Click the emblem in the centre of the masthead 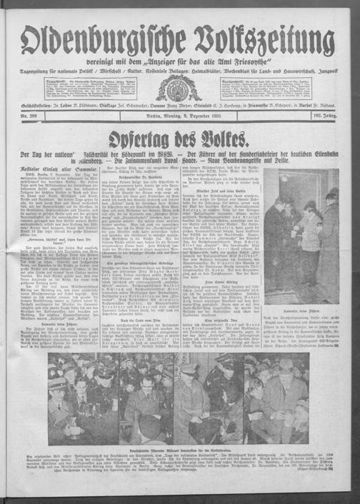179,87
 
